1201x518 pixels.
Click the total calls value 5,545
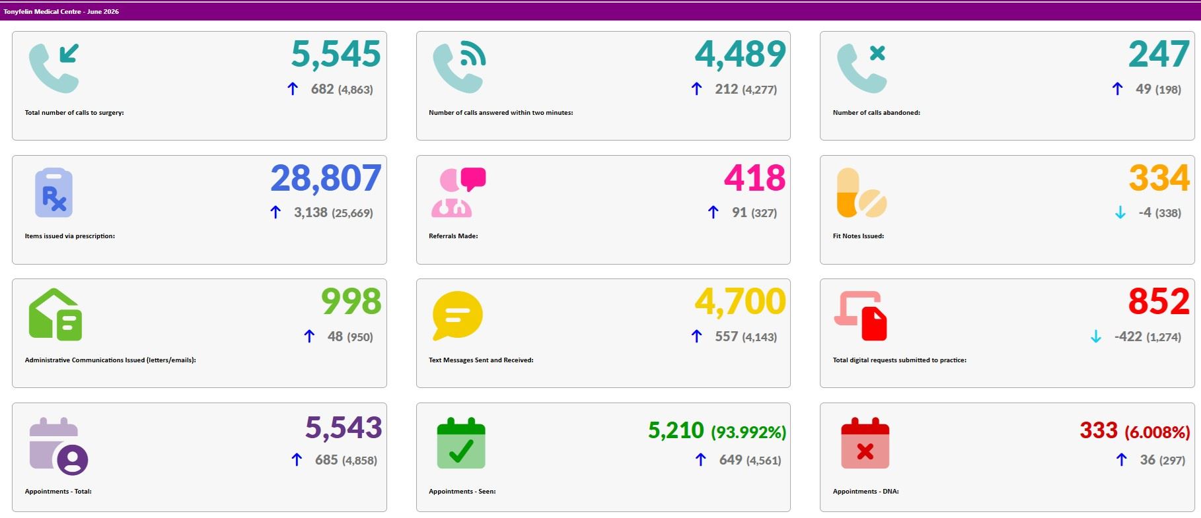point(336,54)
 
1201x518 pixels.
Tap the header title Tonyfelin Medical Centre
point(42,12)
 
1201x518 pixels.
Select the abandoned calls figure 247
point(1159,54)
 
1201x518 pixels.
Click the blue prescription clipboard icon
point(54,193)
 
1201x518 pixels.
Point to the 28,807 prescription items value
point(326,178)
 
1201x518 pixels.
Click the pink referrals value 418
point(754,178)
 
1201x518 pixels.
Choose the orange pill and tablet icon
point(861,193)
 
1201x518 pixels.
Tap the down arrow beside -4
point(1120,212)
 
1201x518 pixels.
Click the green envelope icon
point(55,315)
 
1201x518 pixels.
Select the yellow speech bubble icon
point(457,315)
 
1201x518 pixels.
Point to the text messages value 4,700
point(740,302)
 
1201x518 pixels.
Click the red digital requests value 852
point(1159,302)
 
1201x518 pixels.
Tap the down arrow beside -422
point(1096,337)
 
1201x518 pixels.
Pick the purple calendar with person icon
point(58,446)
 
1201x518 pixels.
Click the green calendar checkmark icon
point(461,443)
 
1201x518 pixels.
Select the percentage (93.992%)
point(748,432)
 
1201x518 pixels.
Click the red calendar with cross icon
point(865,443)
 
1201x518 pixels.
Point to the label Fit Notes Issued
point(858,236)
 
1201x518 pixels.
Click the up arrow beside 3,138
point(275,212)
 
